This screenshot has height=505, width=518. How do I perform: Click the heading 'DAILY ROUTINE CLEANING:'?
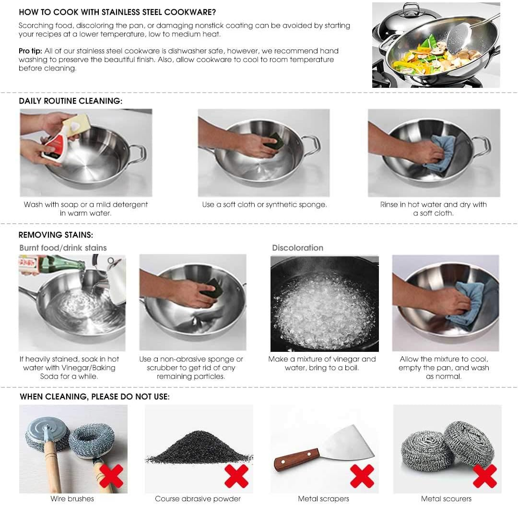click(71, 101)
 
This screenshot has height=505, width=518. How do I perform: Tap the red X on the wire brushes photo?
click(111, 476)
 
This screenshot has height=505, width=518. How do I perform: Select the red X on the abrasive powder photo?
click(236, 476)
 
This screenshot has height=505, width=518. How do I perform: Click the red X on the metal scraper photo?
click(362, 476)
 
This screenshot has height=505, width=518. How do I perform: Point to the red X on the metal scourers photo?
click(484, 476)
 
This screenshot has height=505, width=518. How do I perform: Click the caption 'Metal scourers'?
click(446, 499)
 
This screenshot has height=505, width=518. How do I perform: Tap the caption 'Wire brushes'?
click(72, 499)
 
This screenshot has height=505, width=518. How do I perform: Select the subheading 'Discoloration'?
click(297, 248)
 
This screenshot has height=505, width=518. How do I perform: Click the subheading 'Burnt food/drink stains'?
click(63, 248)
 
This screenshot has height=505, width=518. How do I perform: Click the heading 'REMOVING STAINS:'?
click(56, 235)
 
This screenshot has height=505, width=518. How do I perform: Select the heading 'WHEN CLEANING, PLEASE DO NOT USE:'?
click(94, 397)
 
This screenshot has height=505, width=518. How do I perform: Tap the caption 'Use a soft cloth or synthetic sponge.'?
click(264, 204)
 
